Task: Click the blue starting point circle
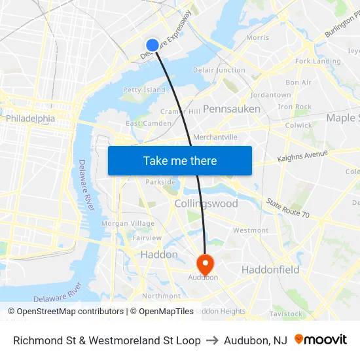152,45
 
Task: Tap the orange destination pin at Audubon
205,264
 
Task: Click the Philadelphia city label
31,118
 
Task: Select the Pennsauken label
232,109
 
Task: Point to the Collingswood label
206,204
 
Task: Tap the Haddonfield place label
270,270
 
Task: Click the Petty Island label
144,90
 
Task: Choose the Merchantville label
215,137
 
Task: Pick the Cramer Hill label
181,111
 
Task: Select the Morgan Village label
128,223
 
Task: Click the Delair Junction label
219,70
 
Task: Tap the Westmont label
251,230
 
